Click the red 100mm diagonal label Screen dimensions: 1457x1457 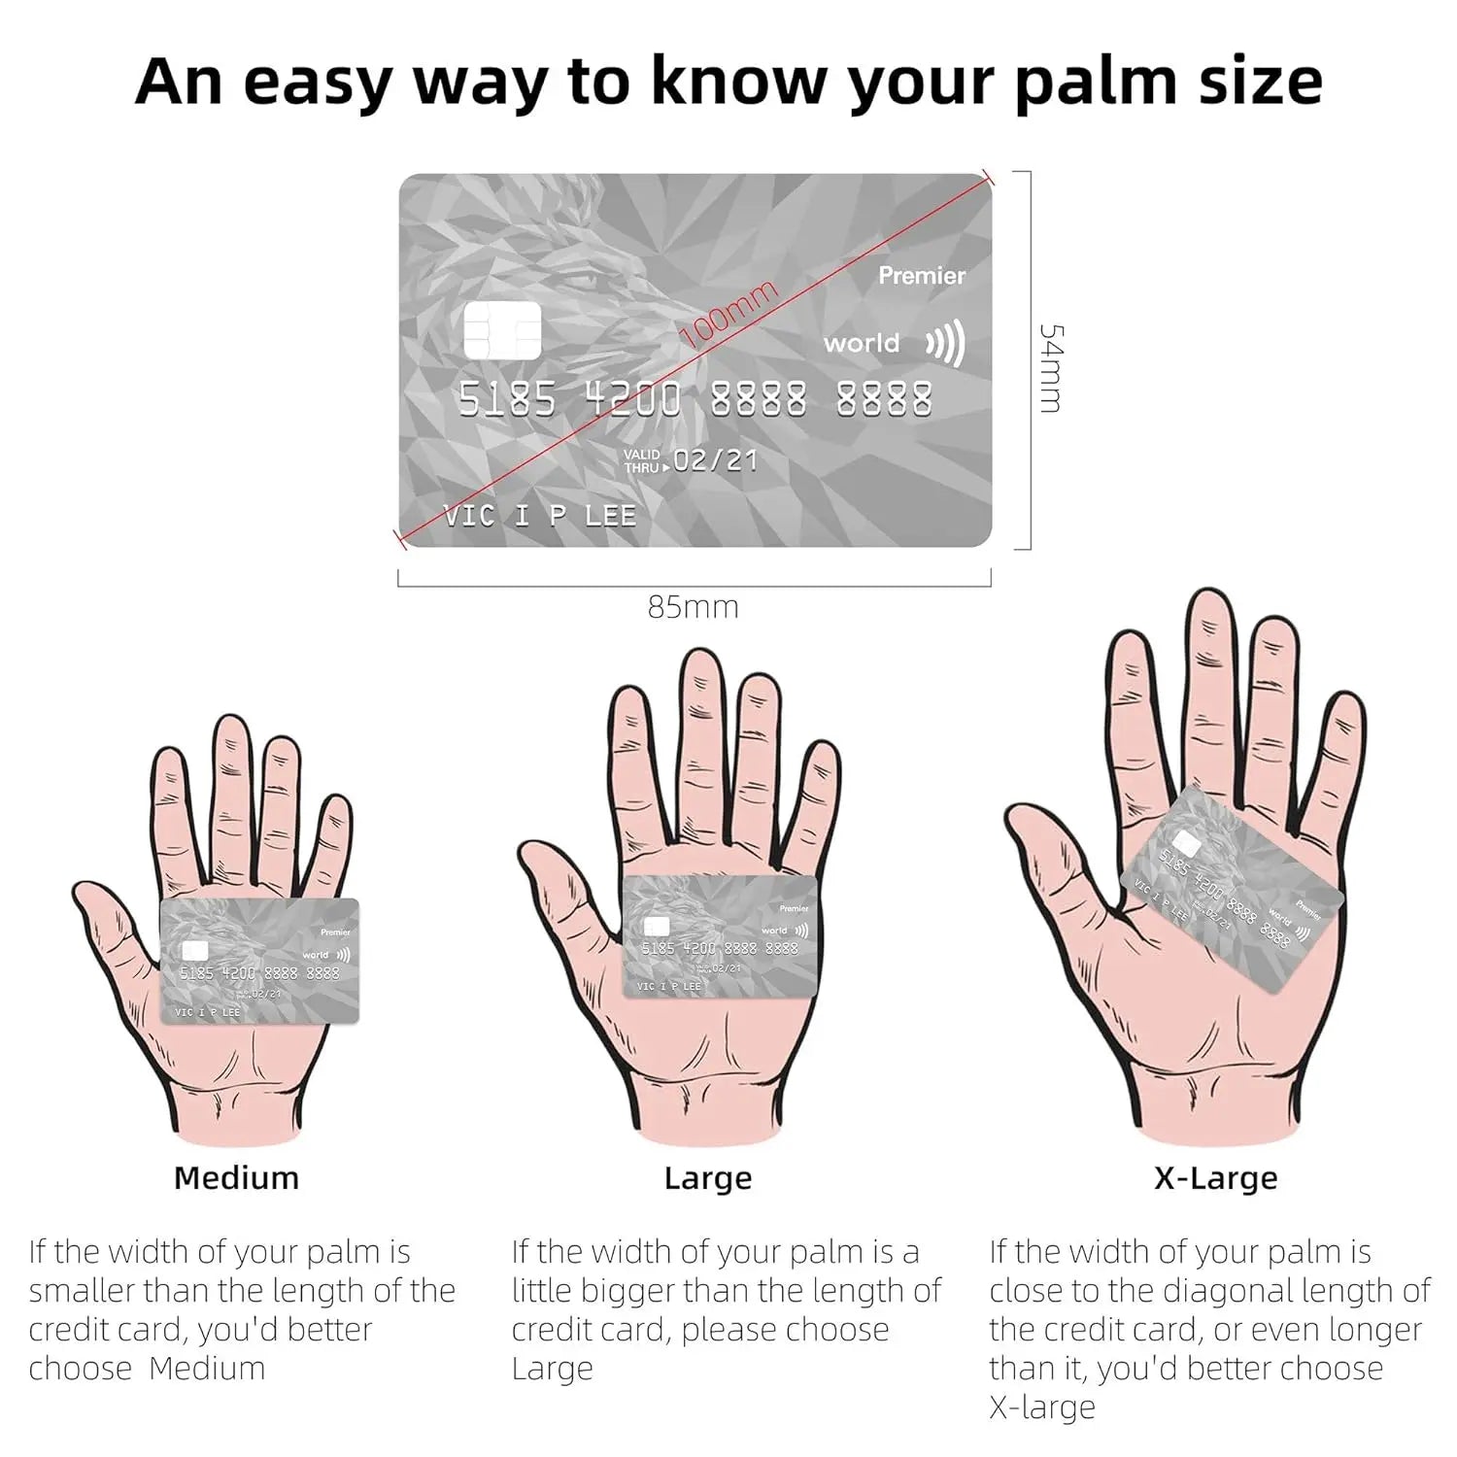click(x=729, y=314)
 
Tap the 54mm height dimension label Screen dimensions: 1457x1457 click(x=1051, y=368)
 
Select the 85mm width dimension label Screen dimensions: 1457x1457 click(x=694, y=607)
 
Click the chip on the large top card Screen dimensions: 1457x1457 click(x=502, y=329)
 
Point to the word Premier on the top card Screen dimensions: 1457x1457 click(x=922, y=276)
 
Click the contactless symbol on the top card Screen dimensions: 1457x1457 click(x=945, y=343)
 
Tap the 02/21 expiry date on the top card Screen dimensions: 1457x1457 click(x=716, y=459)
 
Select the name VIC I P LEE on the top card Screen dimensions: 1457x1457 click(x=540, y=516)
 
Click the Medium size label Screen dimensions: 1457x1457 click(x=236, y=1177)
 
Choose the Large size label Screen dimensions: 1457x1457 click(x=708, y=1178)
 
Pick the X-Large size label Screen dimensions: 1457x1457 click(x=1215, y=1178)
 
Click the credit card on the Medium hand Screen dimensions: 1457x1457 click(x=259, y=961)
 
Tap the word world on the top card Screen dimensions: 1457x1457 click(x=862, y=343)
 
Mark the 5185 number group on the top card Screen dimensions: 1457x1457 click(x=507, y=399)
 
